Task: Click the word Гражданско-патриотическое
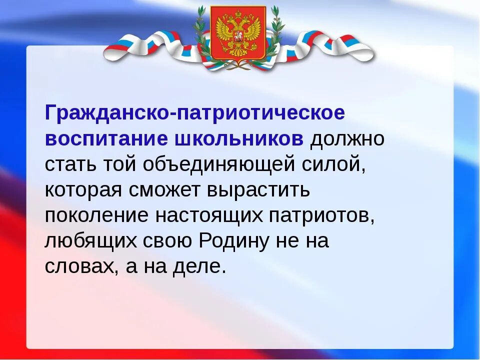195,113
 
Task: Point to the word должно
347,139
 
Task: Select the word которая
84,190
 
